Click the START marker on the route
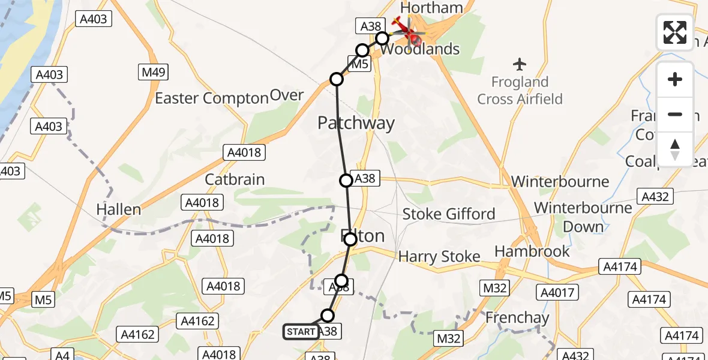tap(301, 332)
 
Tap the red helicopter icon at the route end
tap(411, 32)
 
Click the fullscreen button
tap(675, 32)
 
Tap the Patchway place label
tap(356, 124)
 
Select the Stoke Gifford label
tap(448, 214)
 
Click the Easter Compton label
tap(211, 98)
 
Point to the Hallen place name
tap(119, 209)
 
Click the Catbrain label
tap(235, 179)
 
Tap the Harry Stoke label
tap(439, 257)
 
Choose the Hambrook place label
tap(532, 251)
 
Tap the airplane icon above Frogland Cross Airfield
tap(520, 64)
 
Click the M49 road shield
tap(155, 73)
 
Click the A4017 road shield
tap(559, 293)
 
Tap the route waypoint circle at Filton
tap(350, 239)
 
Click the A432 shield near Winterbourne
tap(656, 196)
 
